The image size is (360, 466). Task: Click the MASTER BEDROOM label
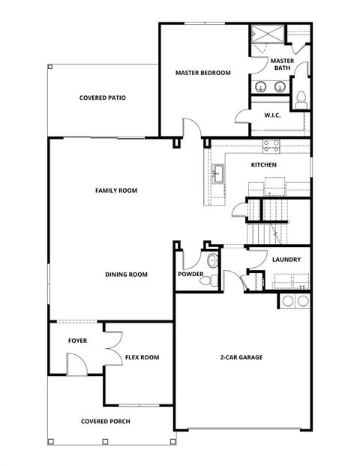202,73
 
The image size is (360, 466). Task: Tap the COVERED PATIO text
102,98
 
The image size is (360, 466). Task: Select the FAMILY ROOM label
116,191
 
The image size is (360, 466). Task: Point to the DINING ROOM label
126,275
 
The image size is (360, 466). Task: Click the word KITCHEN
264,164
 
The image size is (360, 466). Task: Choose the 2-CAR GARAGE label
241,357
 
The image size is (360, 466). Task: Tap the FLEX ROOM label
142,357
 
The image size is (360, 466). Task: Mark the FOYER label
77,341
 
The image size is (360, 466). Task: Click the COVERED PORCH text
105,421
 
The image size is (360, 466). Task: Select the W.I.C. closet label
272,116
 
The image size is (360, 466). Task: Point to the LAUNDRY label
286,260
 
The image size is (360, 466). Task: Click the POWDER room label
190,275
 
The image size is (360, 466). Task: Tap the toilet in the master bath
301,98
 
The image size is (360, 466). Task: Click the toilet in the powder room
213,279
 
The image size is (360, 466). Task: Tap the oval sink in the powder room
212,262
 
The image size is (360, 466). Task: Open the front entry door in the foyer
76,365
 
